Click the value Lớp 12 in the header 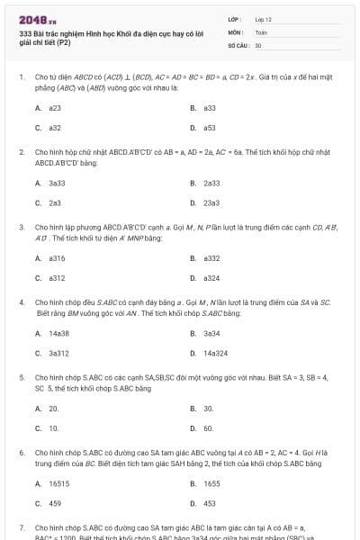263,18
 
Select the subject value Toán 261,31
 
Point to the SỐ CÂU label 237,44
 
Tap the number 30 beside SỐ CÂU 258,44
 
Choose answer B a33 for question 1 209,107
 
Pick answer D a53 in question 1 209,128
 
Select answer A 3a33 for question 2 56,183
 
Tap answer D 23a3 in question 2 211,202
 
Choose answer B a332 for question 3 211,257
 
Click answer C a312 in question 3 57,278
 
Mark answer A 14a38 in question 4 58,333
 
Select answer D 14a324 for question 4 215,353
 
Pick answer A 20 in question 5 54,408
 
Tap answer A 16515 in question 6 59,483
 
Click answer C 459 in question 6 55,503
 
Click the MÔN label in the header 235,31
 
